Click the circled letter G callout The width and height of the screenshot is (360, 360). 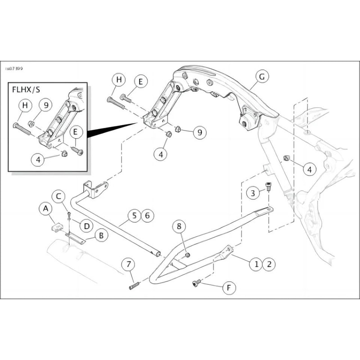[261, 77]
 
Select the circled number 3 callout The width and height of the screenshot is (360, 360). [253, 193]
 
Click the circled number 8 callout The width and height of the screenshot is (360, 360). [179, 225]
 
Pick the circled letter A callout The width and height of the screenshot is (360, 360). [44, 209]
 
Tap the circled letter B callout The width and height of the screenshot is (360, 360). [102, 234]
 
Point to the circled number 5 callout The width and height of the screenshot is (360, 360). [134, 216]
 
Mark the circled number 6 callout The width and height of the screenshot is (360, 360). [147, 216]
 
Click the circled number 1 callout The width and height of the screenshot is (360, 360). [256, 264]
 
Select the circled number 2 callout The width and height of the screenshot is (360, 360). [269, 264]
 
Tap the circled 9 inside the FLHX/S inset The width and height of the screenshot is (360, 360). [45, 105]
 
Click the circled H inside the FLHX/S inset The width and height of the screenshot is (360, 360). [25, 105]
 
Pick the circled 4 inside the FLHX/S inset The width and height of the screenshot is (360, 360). [38, 159]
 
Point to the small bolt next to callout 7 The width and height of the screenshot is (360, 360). [135, 285]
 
